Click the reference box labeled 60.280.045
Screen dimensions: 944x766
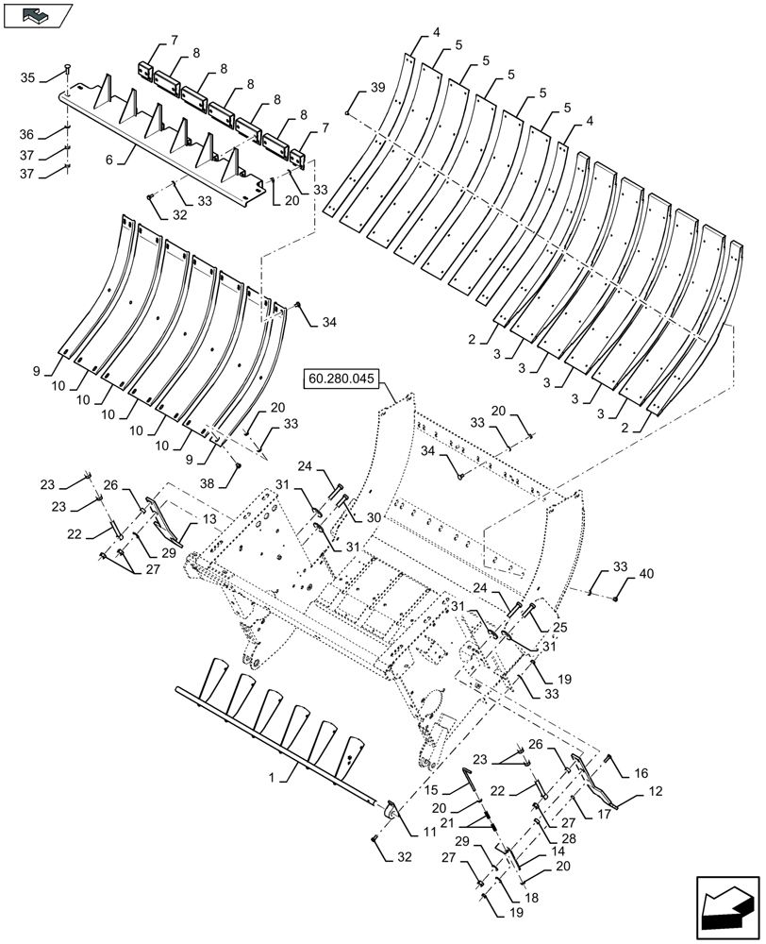click(341, 379)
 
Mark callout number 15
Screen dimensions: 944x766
click(431, 789)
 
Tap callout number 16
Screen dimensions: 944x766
click(641, 772)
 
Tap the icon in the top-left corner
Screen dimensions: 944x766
click(37, 14)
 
